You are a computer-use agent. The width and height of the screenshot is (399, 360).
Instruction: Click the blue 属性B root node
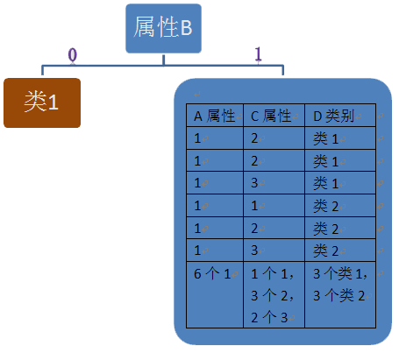click(162, 29)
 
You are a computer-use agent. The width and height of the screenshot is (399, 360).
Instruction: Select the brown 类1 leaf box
click(42, 102)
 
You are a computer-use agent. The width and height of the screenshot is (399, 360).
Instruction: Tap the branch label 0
click(73, 54)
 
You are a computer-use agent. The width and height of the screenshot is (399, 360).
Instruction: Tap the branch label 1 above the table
click(258, 54)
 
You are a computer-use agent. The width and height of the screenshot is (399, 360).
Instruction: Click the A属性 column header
click(216, 116)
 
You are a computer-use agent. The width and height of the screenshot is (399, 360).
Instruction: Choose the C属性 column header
click(273, 116)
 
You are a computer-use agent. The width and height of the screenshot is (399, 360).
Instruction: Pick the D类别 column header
click(340, 116)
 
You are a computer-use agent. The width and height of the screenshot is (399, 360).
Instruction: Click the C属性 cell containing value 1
click(273, 207)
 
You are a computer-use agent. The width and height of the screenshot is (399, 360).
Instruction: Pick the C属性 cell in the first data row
click(273, 138)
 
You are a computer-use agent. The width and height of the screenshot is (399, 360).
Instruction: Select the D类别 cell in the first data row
click(340, 138)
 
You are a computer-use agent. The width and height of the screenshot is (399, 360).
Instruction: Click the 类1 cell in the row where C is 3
click(340, 184)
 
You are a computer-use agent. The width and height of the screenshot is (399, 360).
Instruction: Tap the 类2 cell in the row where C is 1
click(340, 207)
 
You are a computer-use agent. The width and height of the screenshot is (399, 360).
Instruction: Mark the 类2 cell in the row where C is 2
click(340, 229)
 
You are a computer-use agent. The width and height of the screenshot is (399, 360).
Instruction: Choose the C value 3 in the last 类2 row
click(273, 251)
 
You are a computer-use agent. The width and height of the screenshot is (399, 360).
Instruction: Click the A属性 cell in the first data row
click(216, 138)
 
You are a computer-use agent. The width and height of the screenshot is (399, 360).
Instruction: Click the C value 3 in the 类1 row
click(273, 184)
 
